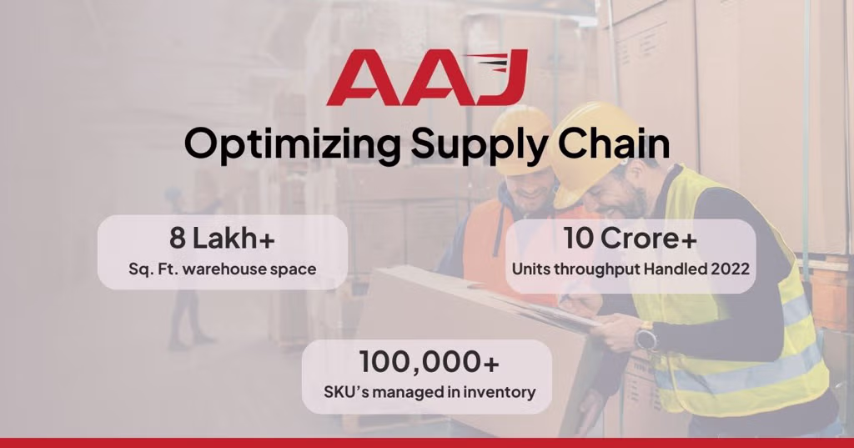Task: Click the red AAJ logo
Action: click(427, 78)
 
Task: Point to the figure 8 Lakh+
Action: click(222, 239)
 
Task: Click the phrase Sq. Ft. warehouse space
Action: click(222, 269)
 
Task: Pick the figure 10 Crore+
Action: click(630, 238)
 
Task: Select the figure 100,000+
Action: click(430, 362)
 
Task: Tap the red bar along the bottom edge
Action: click(427, 442)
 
